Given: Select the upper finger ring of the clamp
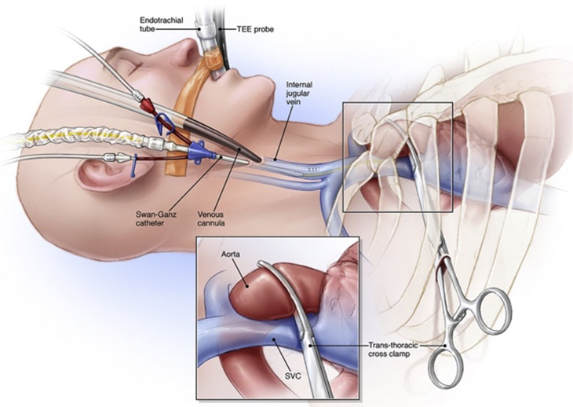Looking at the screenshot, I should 493,303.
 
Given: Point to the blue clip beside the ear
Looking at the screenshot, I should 136,164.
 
